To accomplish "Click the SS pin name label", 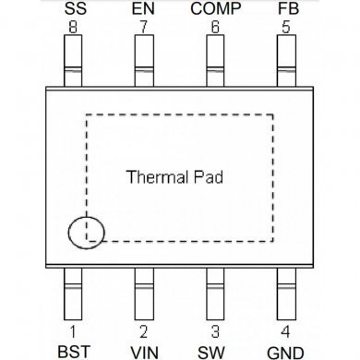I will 72,9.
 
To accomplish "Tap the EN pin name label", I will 143,9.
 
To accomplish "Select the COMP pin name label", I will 215,9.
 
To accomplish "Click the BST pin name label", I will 72,351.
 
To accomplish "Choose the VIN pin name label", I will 143,351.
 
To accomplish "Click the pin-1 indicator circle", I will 87,231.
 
